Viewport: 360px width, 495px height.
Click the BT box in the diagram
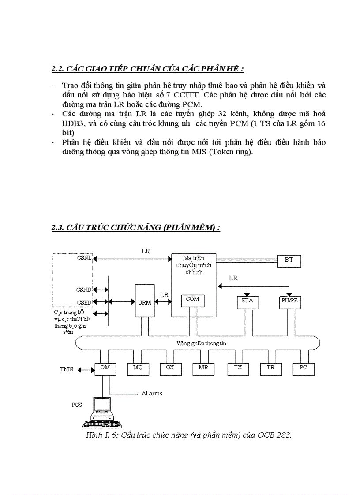click(289, 261)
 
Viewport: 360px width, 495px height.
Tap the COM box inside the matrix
click(192, 300)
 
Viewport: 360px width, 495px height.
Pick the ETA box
click(247, 302)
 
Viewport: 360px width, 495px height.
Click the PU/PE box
click(289, 302)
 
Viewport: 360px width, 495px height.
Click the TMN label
click(67, 368)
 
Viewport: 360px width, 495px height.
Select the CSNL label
click(84, 258)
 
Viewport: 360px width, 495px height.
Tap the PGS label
click(77, 404)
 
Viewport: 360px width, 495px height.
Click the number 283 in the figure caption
click(282, 435)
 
